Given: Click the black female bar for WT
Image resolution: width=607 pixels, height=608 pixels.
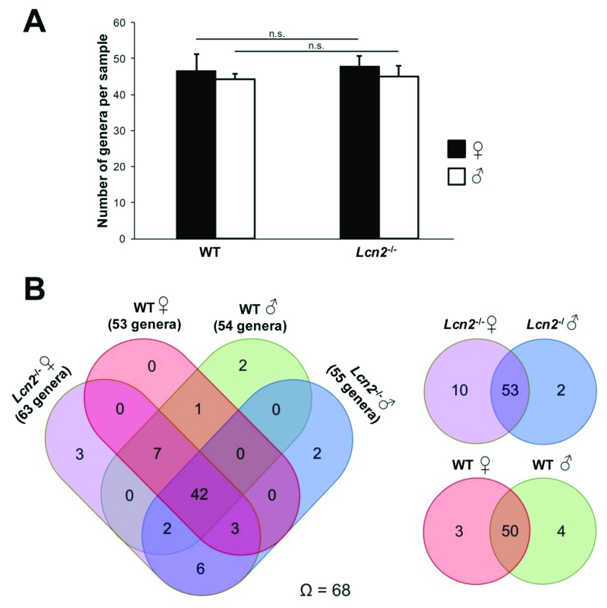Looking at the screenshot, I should tap(196, 154).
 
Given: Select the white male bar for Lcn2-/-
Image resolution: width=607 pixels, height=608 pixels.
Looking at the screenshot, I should tap(399, 157).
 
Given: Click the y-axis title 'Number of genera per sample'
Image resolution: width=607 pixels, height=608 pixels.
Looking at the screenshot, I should tap(103, 131).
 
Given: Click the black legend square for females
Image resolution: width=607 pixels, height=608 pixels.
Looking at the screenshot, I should tap(456, 149).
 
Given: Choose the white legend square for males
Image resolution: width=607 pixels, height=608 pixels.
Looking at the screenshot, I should tap(456, 177).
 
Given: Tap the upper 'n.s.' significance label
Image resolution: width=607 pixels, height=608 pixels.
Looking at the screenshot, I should tap(277, 34).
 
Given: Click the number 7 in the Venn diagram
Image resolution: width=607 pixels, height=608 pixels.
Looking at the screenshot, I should tap(157, 453).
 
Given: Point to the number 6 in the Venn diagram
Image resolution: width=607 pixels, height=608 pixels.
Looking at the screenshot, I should tap(200, 568).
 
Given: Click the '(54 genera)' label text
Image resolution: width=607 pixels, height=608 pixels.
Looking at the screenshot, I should tap(250, 327).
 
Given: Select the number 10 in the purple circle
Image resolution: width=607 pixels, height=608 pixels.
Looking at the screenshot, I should tap(460, 390).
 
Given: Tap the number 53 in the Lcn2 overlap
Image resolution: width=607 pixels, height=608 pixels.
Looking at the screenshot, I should tap(510, 390).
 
